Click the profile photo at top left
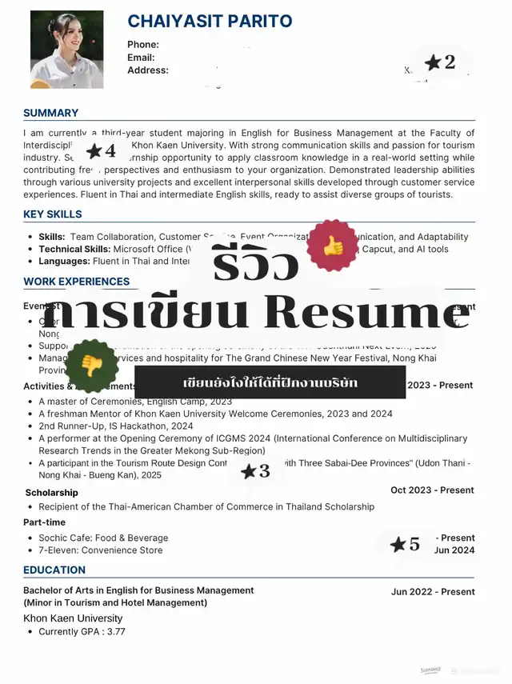coord(67,49)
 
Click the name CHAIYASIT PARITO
coord(210,22)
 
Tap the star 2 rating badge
coord(439,62)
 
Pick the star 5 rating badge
coord(405,545)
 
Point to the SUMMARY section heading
coord(50,113)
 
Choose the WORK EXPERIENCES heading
coord(76,282)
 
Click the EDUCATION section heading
coord(54,570)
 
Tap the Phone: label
coord(143,45)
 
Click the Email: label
coord(141,58)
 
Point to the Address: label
coord(147,70)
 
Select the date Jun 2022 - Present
coord(432,592)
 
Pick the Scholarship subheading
coord(51,493)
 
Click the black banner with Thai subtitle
coord(270,383)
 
